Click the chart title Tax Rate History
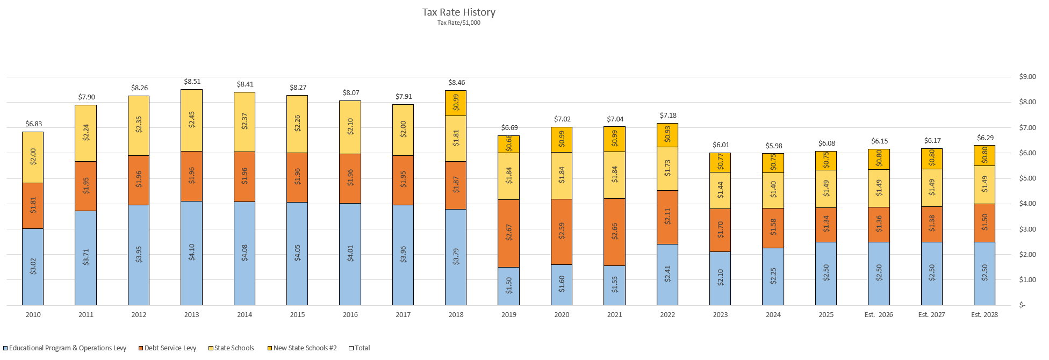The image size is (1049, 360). [x=458, y=12]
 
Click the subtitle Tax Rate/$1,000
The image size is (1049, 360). [x=458, y=23]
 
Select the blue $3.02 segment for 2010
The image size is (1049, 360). [x=33, y=267]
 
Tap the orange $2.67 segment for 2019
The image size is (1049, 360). [x=508, y=233]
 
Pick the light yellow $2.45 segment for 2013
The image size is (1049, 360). [x=191, y=120]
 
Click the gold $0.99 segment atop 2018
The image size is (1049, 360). [x=456, y=103]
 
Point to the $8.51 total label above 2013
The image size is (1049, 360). [x=192, y=82]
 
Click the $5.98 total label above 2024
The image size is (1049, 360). [x=773, y=146]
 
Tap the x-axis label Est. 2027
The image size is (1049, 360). [x=931, y=315]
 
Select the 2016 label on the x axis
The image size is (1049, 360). [x=350, y=315]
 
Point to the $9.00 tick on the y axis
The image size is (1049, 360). [x=1027, y=77]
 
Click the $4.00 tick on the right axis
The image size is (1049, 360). [x=1027, y=204]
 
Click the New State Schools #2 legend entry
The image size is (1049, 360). [x=305, y=348]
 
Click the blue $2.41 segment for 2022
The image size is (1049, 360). [x=667, y=275]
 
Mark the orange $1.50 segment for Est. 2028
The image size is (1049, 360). [x=984, y=223]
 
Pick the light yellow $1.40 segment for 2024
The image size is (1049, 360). [x=773, y=190]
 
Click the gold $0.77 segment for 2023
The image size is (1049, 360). [x=720, y=163]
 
